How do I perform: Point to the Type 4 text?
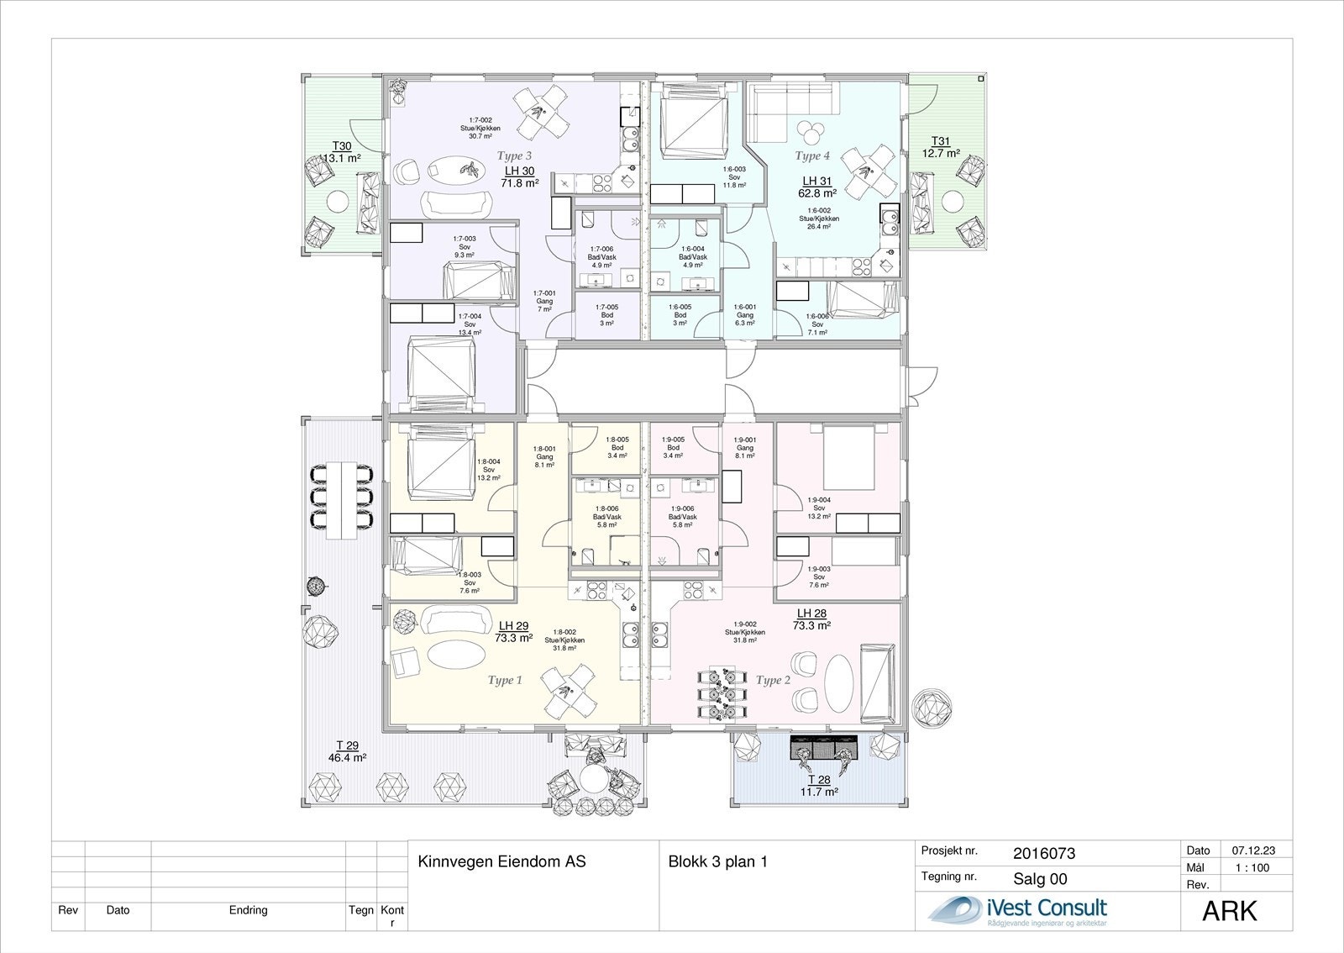coord(812,156)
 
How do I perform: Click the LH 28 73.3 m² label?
coord(811,619)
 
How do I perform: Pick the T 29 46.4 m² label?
coord(347,751)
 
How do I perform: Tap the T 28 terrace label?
coord(817,786)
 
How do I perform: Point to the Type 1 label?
coord(505,680)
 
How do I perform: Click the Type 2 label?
coord(773,680)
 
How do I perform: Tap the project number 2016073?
coord(1044,854)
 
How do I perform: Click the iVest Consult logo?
coord(1019,911)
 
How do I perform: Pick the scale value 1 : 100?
coord(1252,868)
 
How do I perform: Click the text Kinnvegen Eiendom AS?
coord(501,861)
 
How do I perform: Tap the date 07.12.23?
coord(1252,850)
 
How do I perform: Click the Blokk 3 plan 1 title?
coord(718,861)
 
